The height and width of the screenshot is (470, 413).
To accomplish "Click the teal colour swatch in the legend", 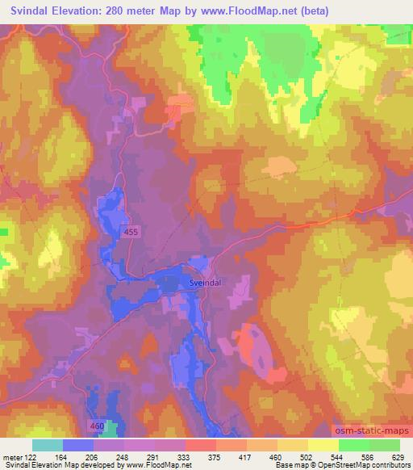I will tap(47, 445).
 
